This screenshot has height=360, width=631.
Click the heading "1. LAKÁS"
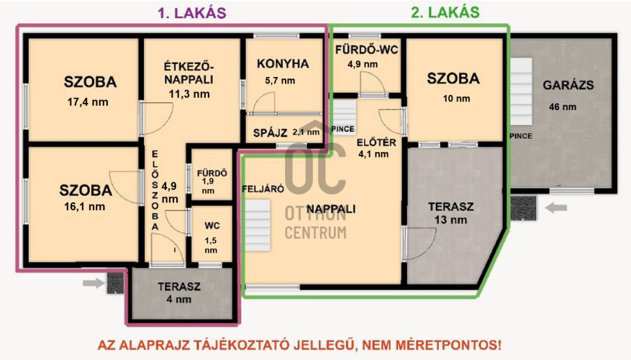tap(191, 12)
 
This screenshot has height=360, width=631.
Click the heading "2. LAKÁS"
tap(445, 12)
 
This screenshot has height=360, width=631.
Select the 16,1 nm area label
tap(85, 207)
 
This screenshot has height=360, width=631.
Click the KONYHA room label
tap(283, 64)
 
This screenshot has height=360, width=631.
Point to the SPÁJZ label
tap(271, 132)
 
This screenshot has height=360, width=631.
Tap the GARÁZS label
tap(568, 84)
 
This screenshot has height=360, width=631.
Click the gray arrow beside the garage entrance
tap(555, 208)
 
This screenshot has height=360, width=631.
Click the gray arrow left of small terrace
tap(92, 283)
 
